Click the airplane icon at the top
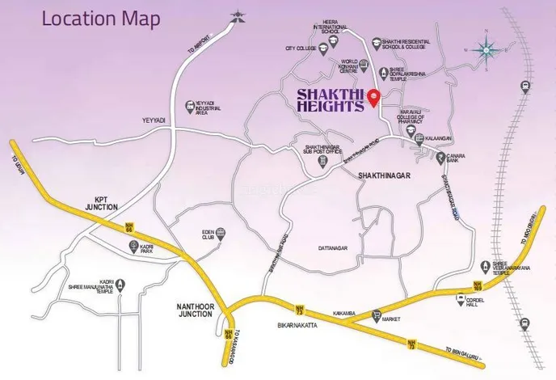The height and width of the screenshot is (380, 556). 237,15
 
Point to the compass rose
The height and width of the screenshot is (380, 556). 486,50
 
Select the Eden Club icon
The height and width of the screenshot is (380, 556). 221,234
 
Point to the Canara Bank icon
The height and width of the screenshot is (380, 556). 440,158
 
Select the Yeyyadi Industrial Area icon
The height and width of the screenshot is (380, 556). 190,105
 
